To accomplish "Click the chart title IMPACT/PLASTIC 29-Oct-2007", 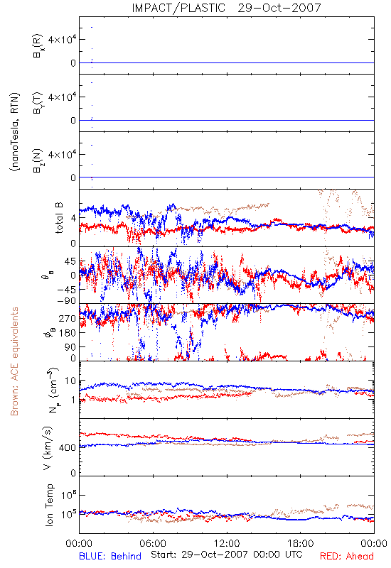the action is [226, 8].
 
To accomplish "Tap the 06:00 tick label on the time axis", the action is [153, 543].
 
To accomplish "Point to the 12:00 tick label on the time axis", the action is [227, 543].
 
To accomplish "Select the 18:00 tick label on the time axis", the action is [301, 543].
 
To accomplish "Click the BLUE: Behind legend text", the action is [110, 556].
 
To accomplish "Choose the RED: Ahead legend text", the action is [347, 556].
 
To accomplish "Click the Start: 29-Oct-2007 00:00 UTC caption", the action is [227, 555].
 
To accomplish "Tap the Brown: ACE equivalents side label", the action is [14, 361].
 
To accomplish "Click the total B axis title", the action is [58, 218].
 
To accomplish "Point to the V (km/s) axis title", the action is [48, 448].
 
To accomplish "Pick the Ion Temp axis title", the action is [49, 505].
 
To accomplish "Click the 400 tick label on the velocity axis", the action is [67, 448].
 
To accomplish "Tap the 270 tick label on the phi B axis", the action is [67, 318].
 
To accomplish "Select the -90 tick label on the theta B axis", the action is [66, 300].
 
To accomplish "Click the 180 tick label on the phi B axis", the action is [67, 333].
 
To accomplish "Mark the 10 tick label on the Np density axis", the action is [70, 381].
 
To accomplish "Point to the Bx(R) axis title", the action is [38, 45].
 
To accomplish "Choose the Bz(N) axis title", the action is [38, 160].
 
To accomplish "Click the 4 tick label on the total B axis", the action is [73, 219].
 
